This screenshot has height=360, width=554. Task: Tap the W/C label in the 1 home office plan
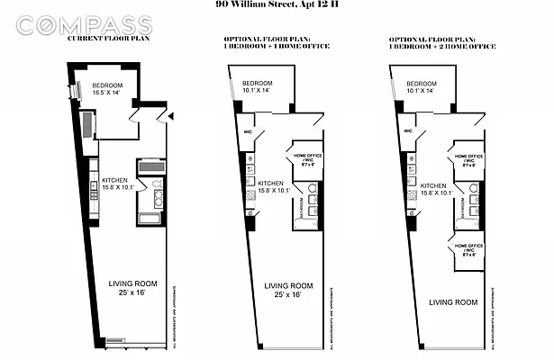click(247, 130)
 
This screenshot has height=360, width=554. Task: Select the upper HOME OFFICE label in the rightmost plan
click(467, 160)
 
